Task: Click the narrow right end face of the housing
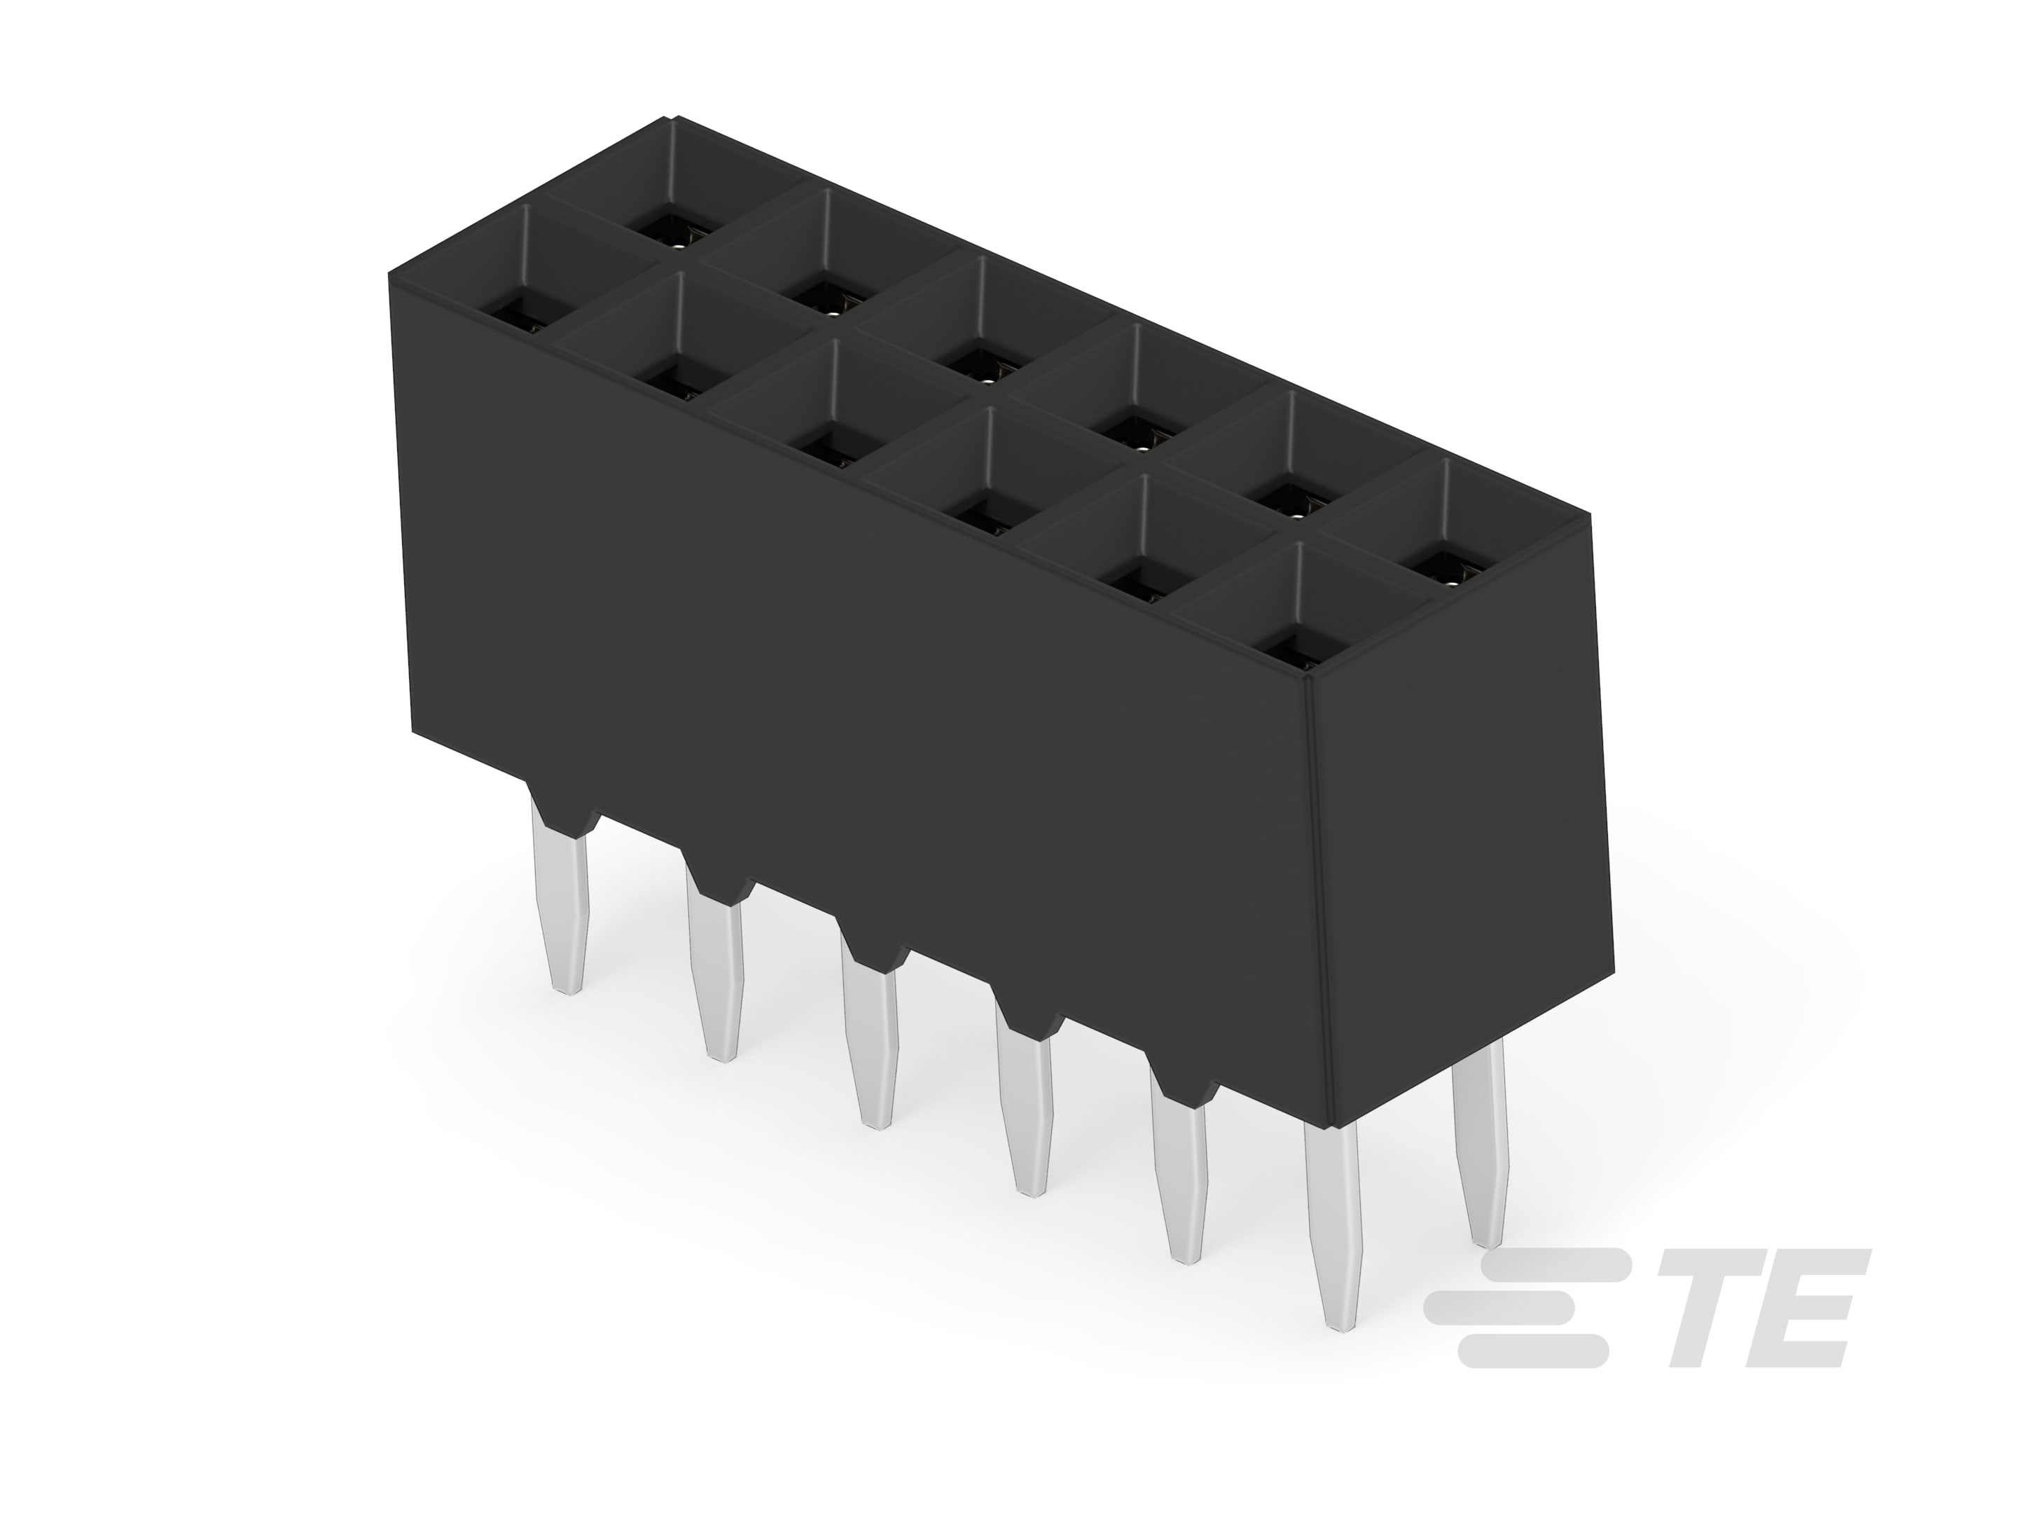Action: pos(1459,821)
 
